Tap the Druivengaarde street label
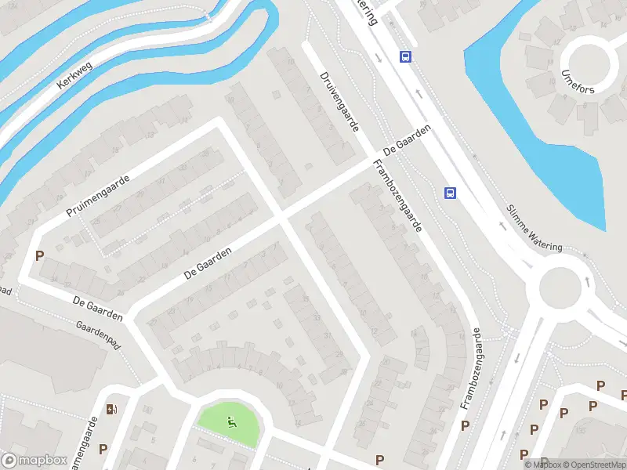tap(339, 102)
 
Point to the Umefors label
tap(578, 84)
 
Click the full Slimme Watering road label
tap(534, 228)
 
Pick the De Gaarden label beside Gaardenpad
tap(97, 309)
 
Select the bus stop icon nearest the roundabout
tap(450, 193)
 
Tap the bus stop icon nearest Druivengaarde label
tap(405, 56)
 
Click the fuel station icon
tap(112, 408)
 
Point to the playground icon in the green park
tap(231, 423)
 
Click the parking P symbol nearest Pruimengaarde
tap(39, 255)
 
